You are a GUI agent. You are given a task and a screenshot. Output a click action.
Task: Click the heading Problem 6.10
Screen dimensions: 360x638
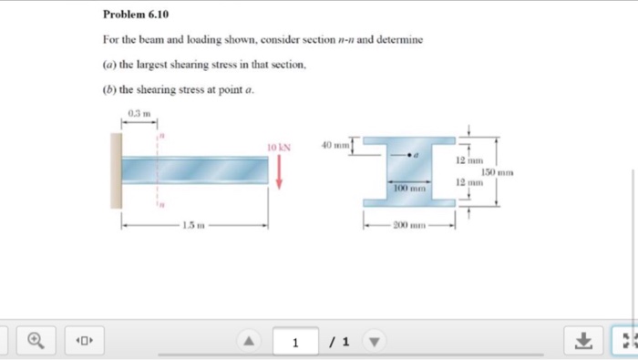pos(136,15)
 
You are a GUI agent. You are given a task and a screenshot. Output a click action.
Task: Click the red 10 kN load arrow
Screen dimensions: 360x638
pos(279,170)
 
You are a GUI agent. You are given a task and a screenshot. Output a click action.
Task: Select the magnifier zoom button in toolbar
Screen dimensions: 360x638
pos(35,341)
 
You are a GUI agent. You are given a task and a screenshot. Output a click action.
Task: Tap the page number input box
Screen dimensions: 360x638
pos(295,342)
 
